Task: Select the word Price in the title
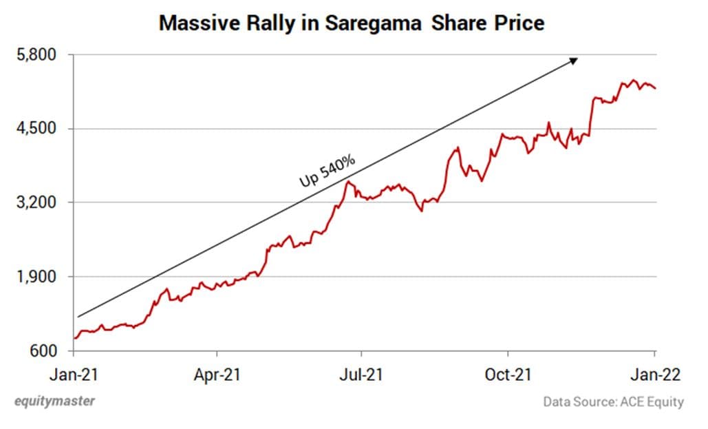tap(518, 23)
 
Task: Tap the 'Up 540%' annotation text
tap(328, 171)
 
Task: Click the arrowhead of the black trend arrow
tap(574, 60)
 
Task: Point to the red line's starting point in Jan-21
tap(74, 338)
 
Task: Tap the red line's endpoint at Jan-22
tap(656, 88)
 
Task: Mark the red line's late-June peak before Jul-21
tap(350, 182)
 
